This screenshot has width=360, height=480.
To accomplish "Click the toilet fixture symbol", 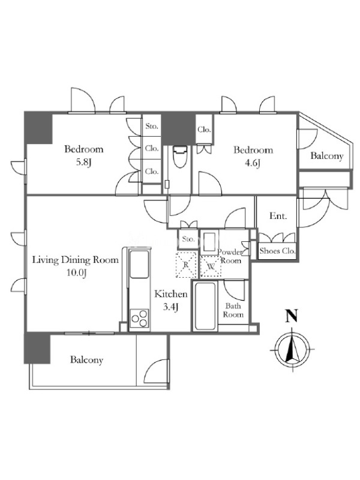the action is click(179, 157).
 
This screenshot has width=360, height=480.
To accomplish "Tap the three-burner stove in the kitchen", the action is click(140, 319).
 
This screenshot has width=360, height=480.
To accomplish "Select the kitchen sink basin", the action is click(139, 264).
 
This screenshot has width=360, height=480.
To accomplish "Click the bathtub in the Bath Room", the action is click(205, 306).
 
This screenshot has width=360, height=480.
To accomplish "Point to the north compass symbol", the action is click(292, 349).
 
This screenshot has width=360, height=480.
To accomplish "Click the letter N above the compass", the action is click(292, 316).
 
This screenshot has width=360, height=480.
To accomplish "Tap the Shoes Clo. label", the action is click(277, 251).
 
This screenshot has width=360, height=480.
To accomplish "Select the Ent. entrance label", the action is click(278, 216).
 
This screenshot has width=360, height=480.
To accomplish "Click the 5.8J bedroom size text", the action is click(84, 163).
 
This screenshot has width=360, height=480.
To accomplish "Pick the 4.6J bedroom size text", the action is click(252, 163).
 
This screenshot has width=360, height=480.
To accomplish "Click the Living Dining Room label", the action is click(76, 260).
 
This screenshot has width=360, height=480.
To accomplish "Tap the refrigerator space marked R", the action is click(186, 265).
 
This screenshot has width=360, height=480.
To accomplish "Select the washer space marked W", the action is click(211, 266).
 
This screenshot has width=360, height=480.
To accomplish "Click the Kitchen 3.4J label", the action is click(171, 301).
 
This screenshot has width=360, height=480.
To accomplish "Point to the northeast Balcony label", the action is click(326, 156).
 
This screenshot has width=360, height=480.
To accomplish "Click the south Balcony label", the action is click(86, 359).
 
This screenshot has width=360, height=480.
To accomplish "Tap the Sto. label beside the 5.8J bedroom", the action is click(152, 126).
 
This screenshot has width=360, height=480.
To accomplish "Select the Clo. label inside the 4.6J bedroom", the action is click(204, 130).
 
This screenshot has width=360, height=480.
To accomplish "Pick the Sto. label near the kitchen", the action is click(188, 239).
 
